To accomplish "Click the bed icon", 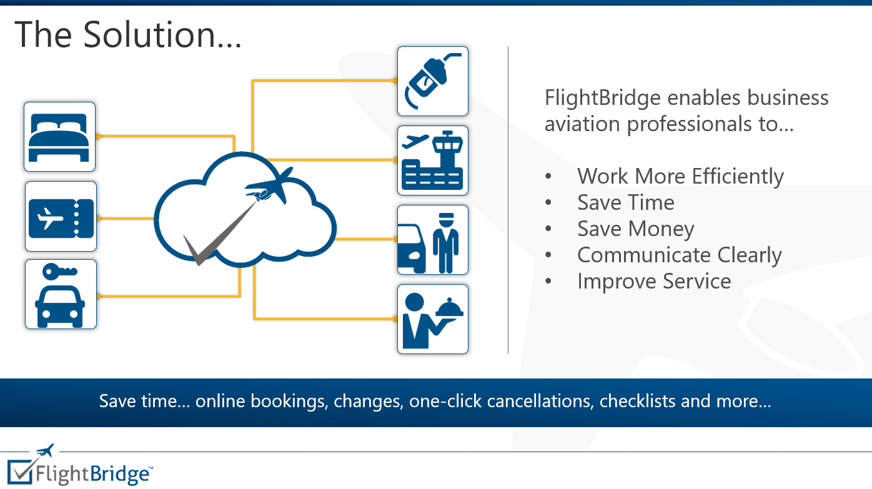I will [x=59, y=137].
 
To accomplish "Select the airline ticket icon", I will [x=61, y=216].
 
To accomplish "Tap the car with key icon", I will [x=61, y=294].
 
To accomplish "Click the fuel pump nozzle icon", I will [x=432, y=81].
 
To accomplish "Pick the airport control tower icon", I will [x=432, y=161].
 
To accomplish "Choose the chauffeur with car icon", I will [x=432, y=240].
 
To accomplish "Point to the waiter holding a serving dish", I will [x=432, y=319].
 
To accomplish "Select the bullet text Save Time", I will [x=625, y=202].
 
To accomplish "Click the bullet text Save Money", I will [x=635, y=229].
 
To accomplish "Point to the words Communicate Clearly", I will [x=679, y=255].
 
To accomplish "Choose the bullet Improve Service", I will [x=653, y=281].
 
